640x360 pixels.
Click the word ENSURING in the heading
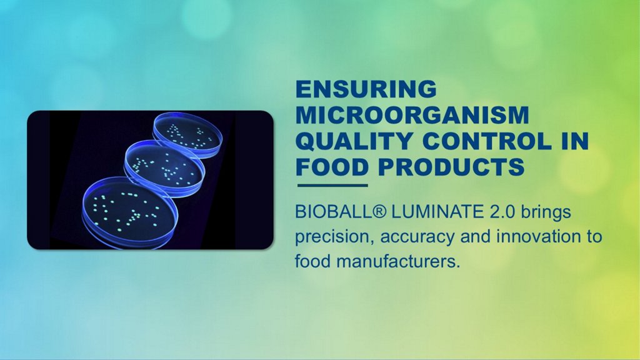tap(366, 89)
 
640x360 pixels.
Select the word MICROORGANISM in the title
tap(412, 115)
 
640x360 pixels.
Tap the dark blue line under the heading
tap(332, 185)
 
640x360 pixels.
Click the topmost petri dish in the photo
tap(188, 135)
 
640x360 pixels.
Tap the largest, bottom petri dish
tap(130, 212)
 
